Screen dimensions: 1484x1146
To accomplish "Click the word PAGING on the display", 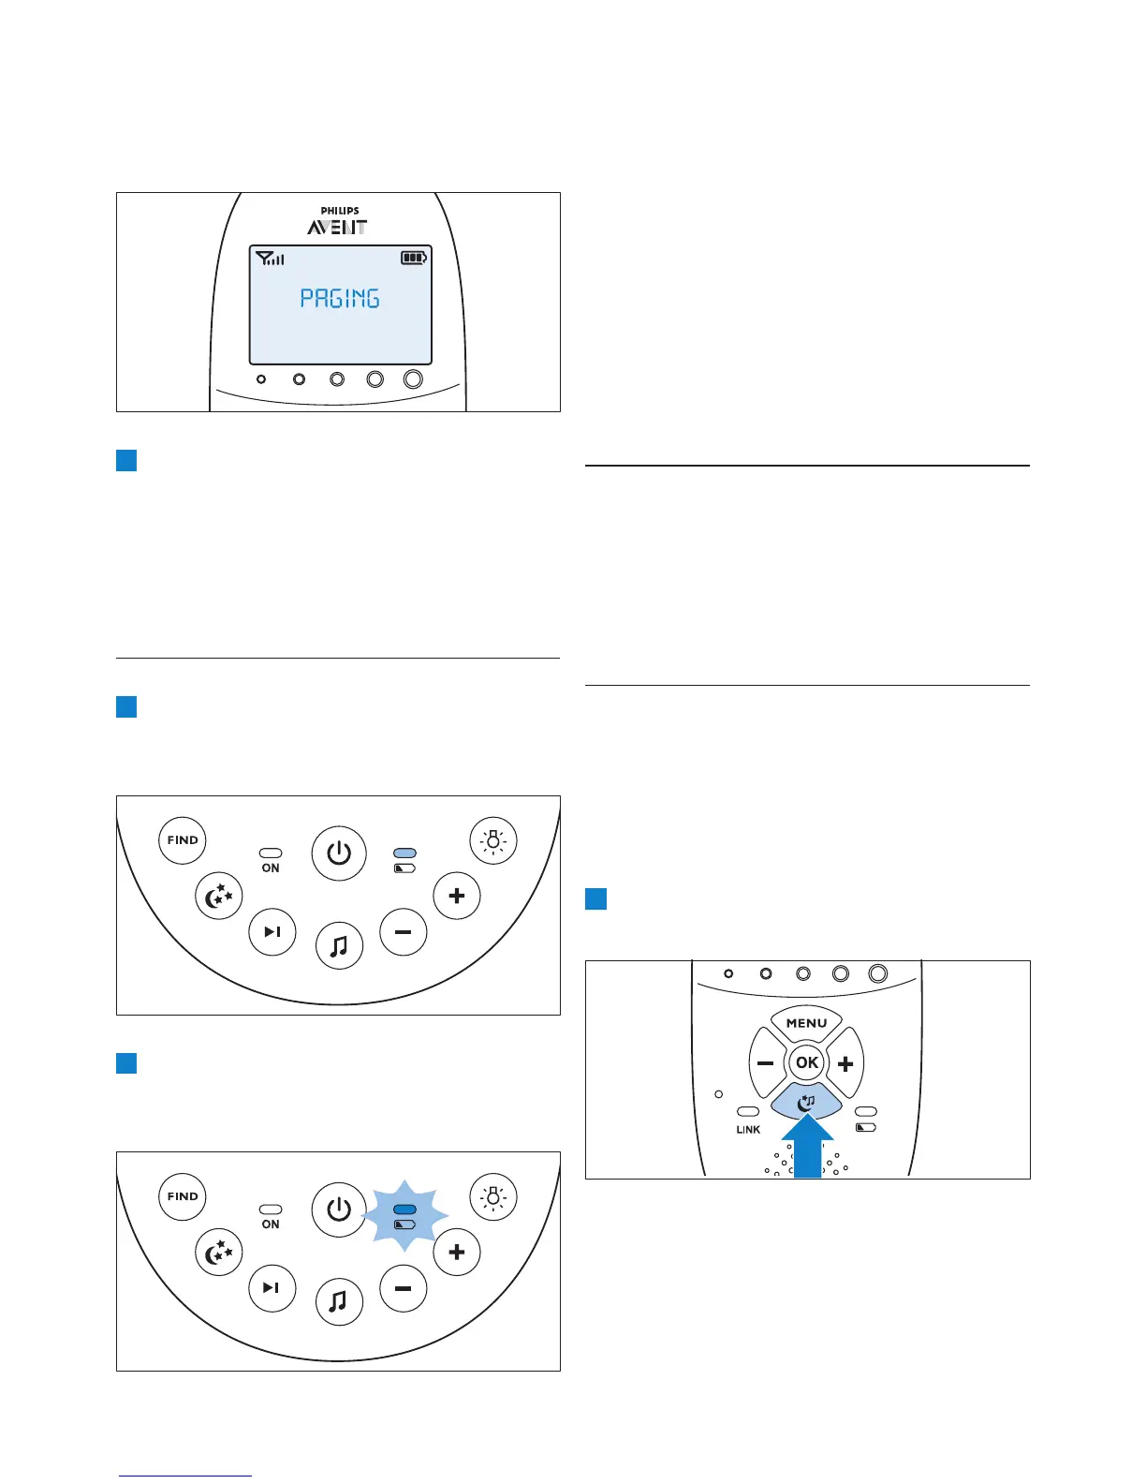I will [x=339, y=298].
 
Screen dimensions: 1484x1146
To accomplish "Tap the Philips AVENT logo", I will [x=339, y=222].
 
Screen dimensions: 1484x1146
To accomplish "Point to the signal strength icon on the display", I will [x=270, y=258].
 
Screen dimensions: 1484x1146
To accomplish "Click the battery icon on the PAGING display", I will [x=414, y=258].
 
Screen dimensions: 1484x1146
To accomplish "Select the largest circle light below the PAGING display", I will [x=413, y=379].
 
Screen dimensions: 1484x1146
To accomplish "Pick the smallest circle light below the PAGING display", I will [x=261, y=379].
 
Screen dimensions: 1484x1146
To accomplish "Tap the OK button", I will [x=806, y=1062].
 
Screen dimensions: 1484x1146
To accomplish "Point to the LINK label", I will [x=748, y=1130].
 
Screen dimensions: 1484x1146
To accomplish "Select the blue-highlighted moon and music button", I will [x=806, y=1103].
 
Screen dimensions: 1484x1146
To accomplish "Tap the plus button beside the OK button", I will [x=845, y=1064].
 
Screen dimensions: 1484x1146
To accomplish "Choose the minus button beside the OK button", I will [x=766, y=1064].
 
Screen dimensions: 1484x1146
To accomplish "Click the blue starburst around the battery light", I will [x=404, y=1216].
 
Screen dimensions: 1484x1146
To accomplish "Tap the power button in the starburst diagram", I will [x=339, y=1209].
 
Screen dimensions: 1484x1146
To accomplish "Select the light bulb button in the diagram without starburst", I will [x=493, y=840].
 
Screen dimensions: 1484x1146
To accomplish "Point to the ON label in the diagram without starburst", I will [x=271, y=868].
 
